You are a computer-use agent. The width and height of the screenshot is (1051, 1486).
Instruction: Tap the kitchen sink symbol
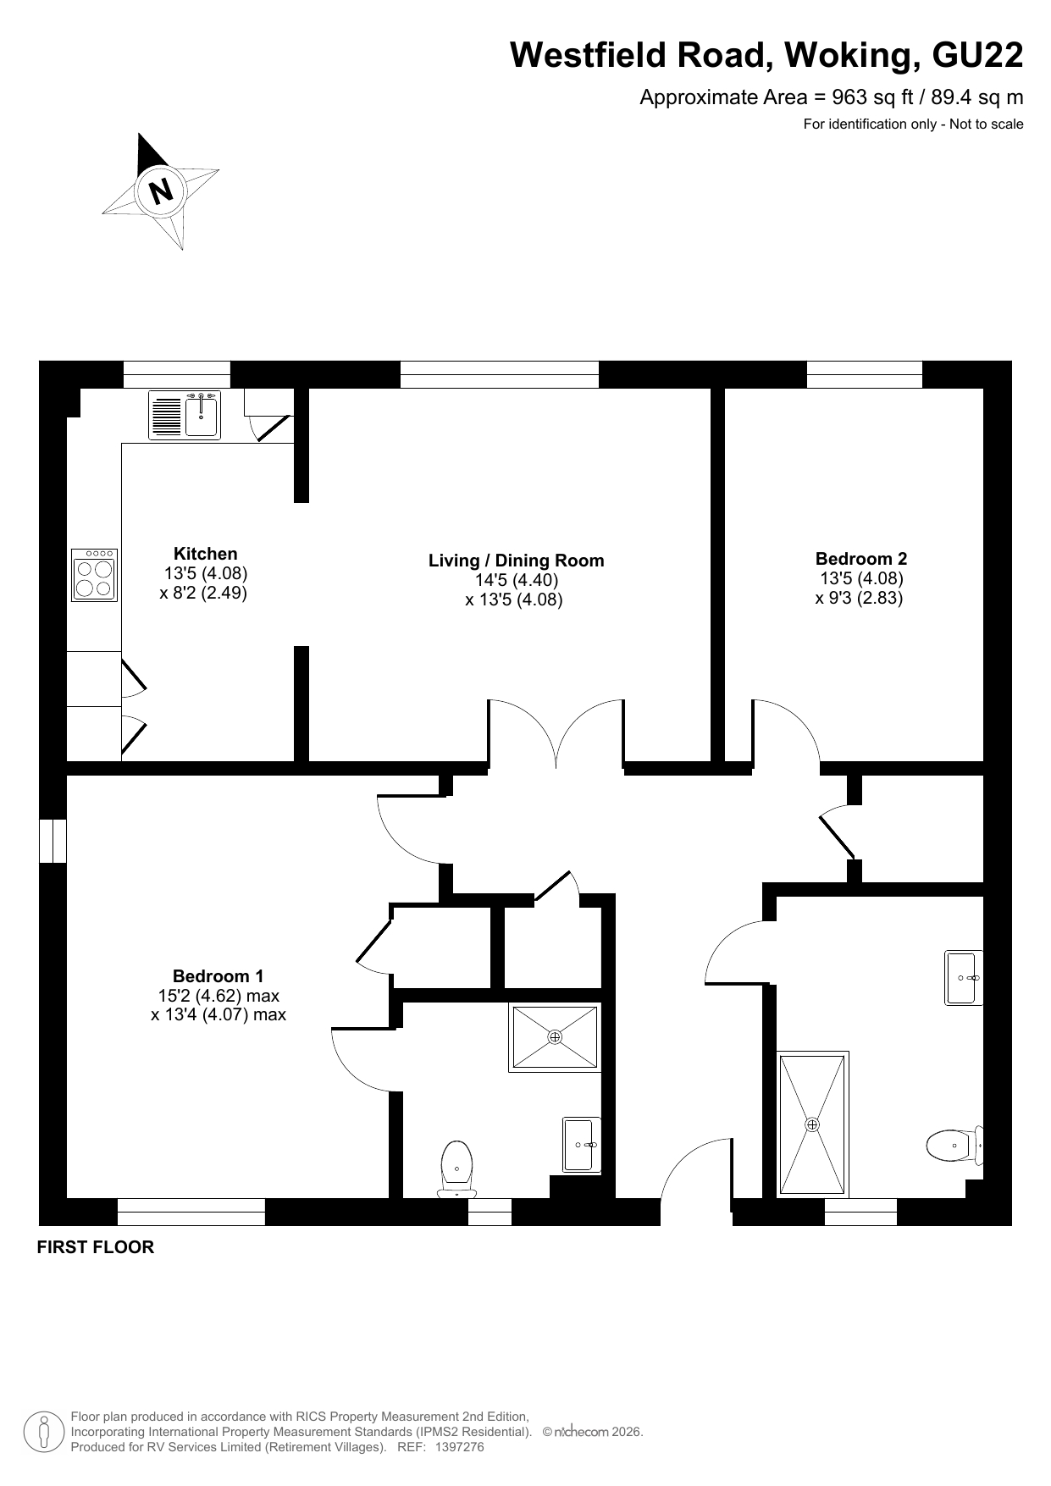[x=185, y=415]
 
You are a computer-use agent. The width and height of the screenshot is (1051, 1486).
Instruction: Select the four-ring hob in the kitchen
[x=95, y=575]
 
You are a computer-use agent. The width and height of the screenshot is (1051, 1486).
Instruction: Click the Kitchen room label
[x=206, y=554]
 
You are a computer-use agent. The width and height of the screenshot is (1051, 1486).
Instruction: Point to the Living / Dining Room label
[x=517, y=561]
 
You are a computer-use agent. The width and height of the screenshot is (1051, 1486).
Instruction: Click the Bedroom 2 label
[x=861, y=559]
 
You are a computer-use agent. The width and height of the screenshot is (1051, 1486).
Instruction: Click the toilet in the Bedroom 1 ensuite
[x=456, y=1169]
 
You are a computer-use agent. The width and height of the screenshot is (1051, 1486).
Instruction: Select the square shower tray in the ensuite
[x=555, y=1037]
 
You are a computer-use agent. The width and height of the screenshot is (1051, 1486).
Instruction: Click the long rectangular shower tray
[x=813, y=1124]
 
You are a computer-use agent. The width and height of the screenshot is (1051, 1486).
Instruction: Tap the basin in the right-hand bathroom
[x=964, y=978]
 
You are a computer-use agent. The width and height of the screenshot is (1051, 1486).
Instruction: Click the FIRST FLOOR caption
[x=96, y=1247]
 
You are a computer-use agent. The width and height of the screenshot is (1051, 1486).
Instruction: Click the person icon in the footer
[x=44, y=1432]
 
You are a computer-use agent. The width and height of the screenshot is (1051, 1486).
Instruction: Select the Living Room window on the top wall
[x=499, y=374]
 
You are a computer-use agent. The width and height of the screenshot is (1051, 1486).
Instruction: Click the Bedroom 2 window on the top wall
[x=864, y=374]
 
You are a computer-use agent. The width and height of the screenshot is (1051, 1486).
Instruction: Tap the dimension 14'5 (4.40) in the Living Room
[x=517, y=581]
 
